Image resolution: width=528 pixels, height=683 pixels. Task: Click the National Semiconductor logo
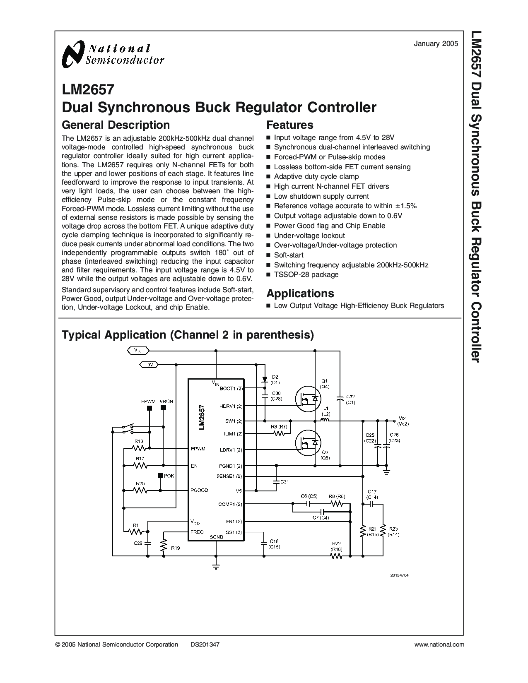tap(113, 55)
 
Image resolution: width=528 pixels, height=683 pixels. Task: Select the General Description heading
tap(116, 125)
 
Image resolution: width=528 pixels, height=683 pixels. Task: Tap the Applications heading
tap(300, 293)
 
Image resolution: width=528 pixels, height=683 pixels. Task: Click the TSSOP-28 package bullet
tap(306, 274)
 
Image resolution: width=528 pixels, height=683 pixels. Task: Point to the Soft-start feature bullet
tap(289, 255)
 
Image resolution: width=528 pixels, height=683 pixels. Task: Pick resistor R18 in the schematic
tap(139, 448)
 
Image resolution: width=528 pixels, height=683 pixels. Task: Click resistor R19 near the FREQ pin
tap(164, 547)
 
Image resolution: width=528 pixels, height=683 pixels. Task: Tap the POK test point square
tap(160, 476)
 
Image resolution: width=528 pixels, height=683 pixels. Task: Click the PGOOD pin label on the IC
tap(199, 490)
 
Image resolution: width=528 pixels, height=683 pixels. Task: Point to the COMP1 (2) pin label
tap(230, 504)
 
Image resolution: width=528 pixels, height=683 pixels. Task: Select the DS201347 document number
tap(205, 645)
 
